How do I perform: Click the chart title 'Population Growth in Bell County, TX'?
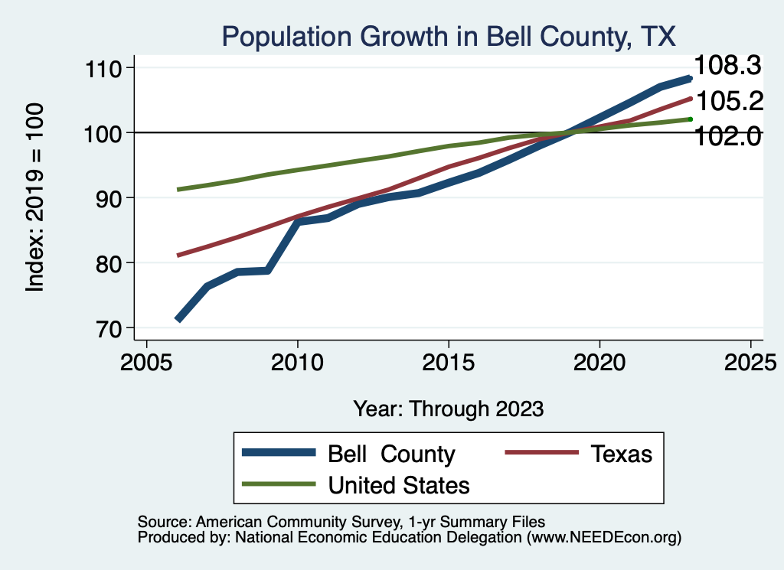(449, 36)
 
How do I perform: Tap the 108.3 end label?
(727, 66)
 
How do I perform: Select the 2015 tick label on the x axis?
(449, 362)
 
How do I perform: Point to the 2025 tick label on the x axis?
(750, 362)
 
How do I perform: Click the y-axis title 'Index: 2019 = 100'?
(34, 197)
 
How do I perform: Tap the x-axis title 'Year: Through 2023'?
(449, 409)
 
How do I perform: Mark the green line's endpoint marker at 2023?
(690, 119)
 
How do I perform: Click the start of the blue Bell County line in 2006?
(178, 319)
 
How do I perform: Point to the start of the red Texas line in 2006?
(178, 255)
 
